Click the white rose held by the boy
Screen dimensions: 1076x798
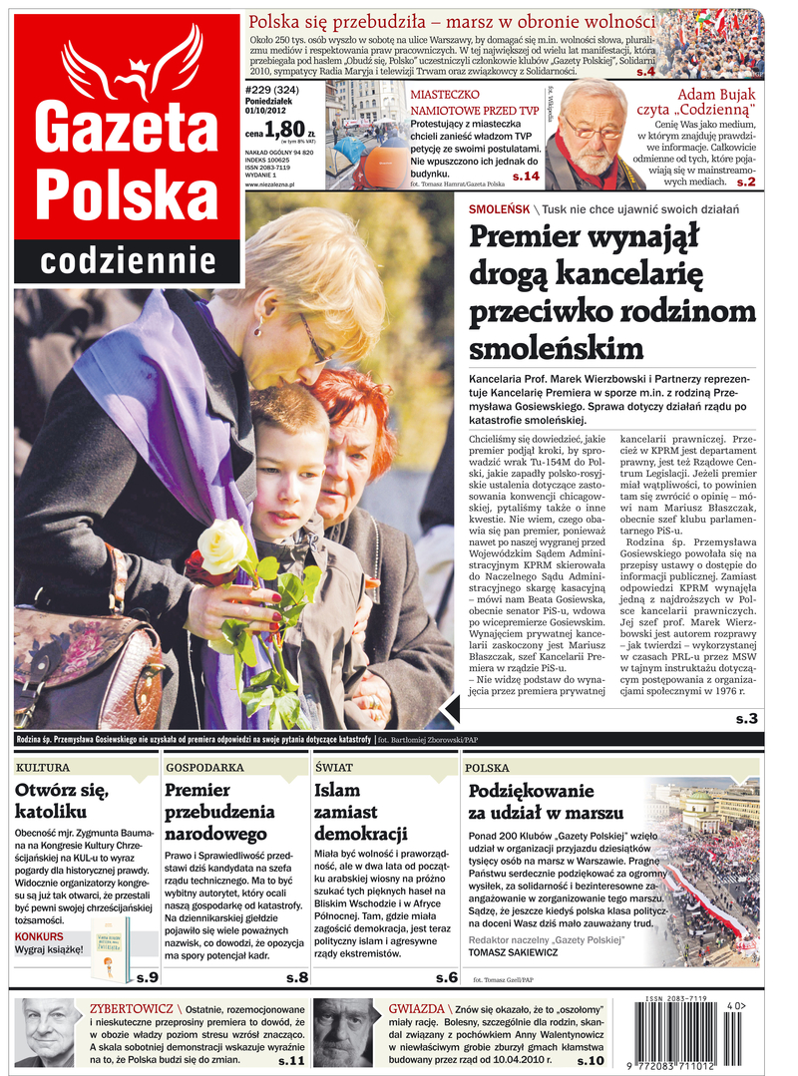[222, 546]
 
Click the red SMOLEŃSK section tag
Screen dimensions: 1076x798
[499, 209]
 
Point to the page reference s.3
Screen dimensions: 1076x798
[746, 718]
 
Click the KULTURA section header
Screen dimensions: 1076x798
[43, 768]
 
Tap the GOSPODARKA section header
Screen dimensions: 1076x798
[204, 768]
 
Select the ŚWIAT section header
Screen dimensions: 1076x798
[334, 768]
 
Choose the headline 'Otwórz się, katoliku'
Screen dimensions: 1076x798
[62, 802]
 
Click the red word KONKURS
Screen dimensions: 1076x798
[40, 936]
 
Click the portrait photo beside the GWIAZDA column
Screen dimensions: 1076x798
[342, 1033]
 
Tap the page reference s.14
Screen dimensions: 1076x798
[526, 177]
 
